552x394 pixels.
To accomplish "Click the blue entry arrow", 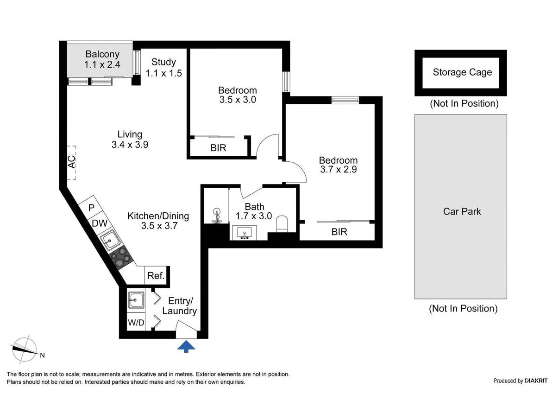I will (x=186, y=346).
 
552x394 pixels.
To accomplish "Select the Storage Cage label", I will (x=462, y=72).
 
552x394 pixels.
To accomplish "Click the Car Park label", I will (x=462, y=211).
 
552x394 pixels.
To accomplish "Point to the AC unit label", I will (x=71, y=162).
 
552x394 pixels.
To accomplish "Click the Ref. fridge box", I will (x=156, y=276).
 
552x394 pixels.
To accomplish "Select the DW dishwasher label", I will (x=99, y=223).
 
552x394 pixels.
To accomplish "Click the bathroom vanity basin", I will (x=245, y=232).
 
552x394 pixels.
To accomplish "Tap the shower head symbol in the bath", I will (x=216, y=216).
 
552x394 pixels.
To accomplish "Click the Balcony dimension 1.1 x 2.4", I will (x=102, y=65).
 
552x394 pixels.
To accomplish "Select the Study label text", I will (x=163, y=62).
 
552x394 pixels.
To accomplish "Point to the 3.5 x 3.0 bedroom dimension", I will (x=237, y=99).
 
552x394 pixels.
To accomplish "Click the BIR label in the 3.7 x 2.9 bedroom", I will (x=339, y=232).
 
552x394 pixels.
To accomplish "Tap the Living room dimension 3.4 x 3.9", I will (x=129, y=144).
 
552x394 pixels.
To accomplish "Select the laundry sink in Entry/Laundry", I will (x=136, y=300).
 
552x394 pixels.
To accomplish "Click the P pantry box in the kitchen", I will (x=91, y=208).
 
